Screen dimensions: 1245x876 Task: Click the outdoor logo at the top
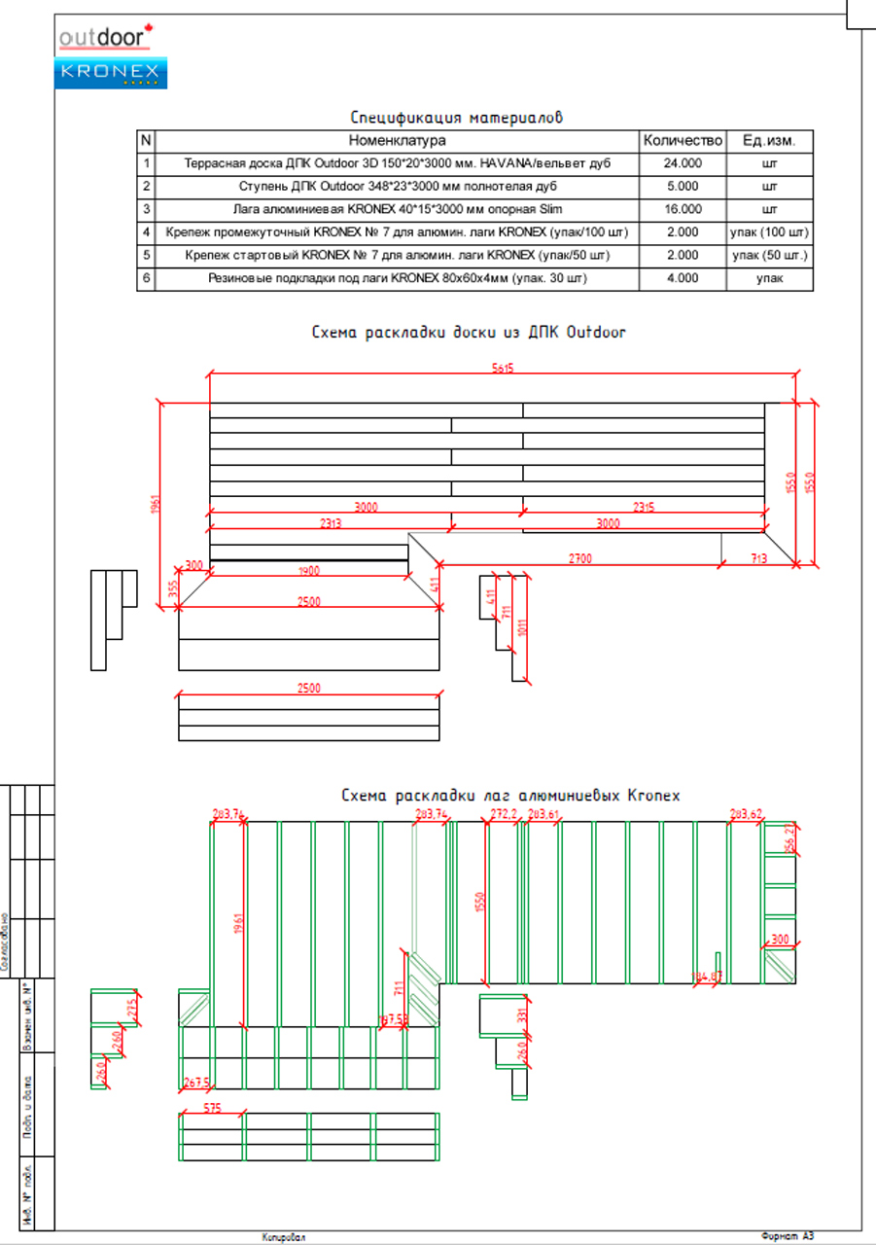click(x=105, y=37)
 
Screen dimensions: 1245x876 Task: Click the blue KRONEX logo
click(x=112, y=73)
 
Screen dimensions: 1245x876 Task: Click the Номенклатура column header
click(x=397, y=141)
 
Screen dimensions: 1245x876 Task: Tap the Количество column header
click(x=683, y=141)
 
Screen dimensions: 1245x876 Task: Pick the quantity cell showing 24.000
click(x=683, y=163)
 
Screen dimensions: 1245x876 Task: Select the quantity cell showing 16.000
click(x=683, y=209)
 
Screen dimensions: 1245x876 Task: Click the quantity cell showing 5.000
click(x=683, y=186)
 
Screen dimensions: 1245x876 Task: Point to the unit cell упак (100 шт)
click(x=769, y=232)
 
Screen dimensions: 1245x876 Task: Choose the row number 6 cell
click(x=146, y=278)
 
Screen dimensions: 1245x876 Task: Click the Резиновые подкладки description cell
click(x=397, y=278)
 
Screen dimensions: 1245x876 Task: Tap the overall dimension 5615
click(x=502, y=368)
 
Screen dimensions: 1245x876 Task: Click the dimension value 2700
click(x=580, y=558)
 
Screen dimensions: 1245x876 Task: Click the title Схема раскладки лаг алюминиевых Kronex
click(x=510, y=796)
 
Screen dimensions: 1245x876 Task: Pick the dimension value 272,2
click(x=504, y=813)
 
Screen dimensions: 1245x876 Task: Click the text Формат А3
click(x=788, y=1236)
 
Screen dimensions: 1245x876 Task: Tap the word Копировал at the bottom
click(x=283, y=1237)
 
